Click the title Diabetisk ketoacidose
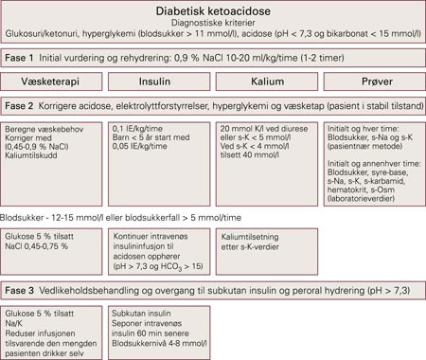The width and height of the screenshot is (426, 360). pos(212,9)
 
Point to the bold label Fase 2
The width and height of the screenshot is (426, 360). pos(21,104)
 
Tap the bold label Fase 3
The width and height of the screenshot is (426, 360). pos(21,288)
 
